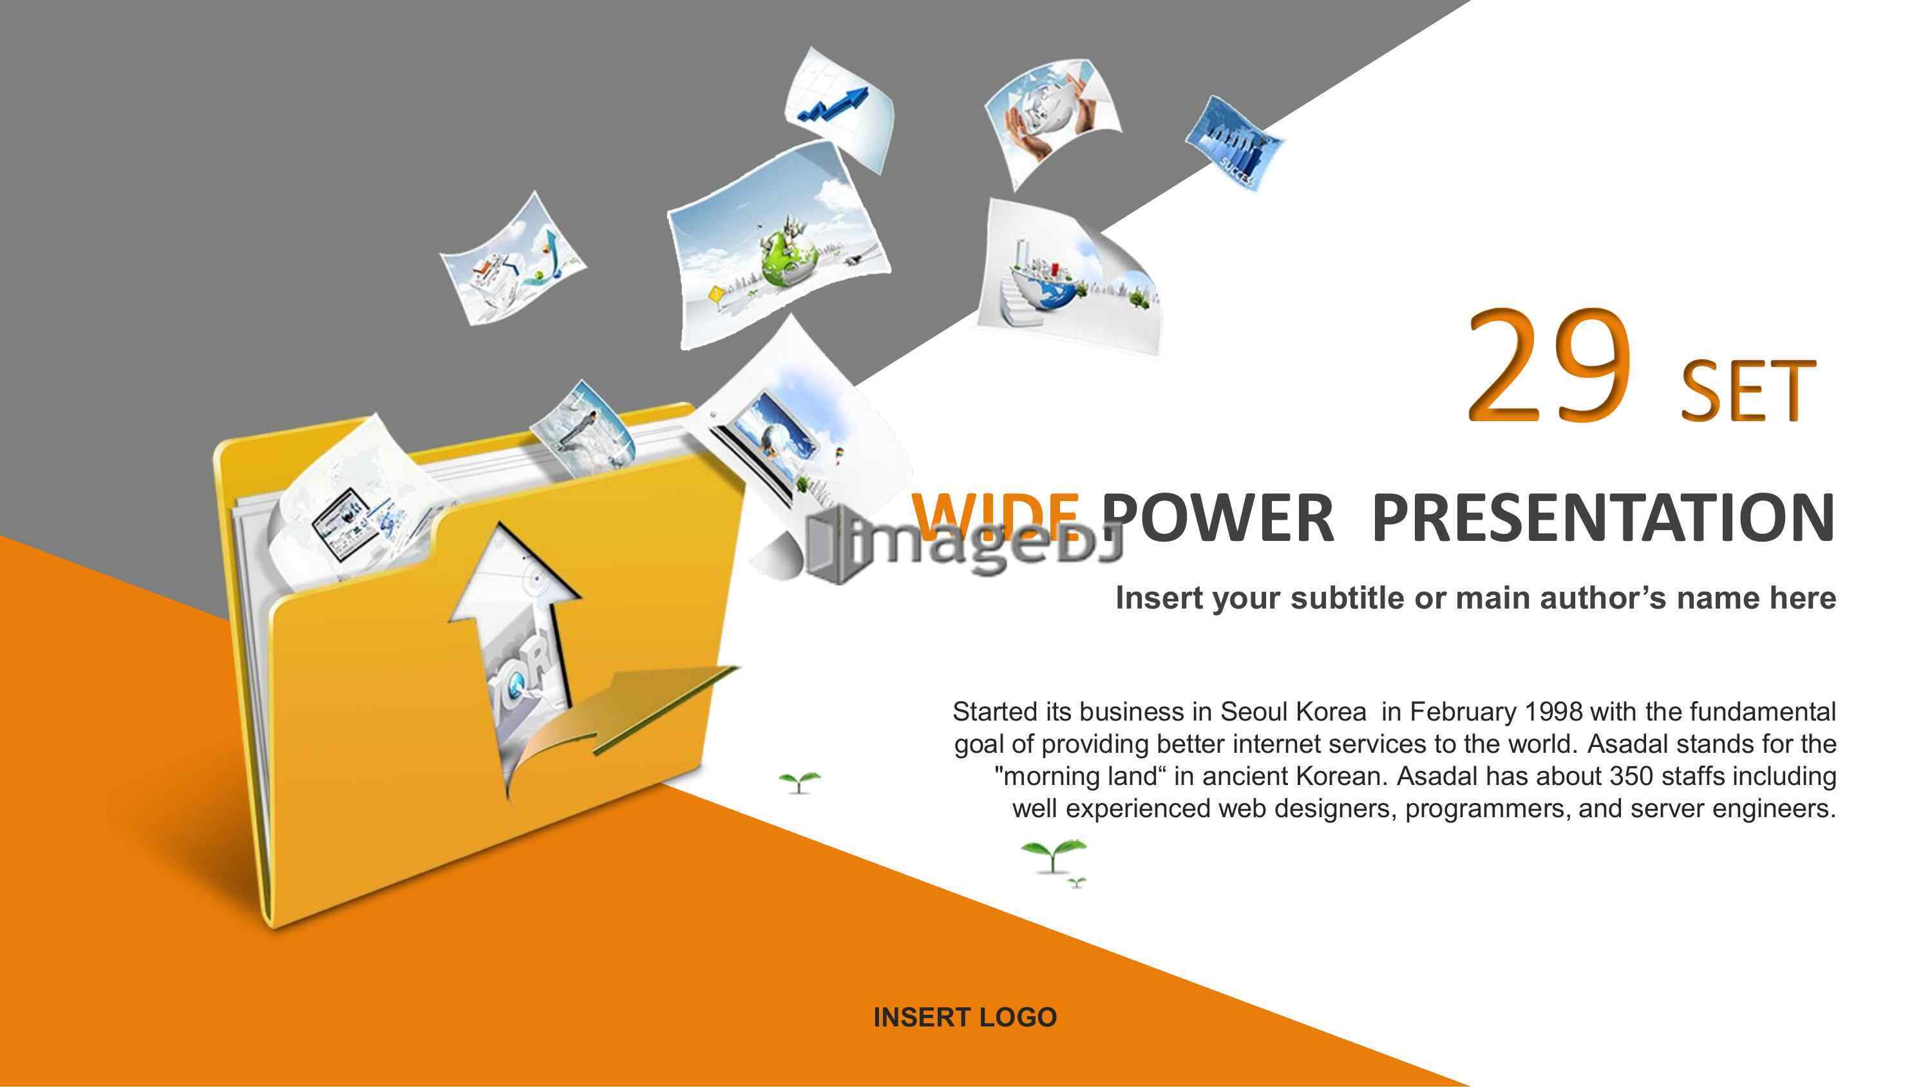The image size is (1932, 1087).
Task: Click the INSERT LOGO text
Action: [x=965, y=1017]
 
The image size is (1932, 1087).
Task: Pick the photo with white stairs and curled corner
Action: [x=1069, y=278]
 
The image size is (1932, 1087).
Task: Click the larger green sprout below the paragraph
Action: [x=1053, y=855]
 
